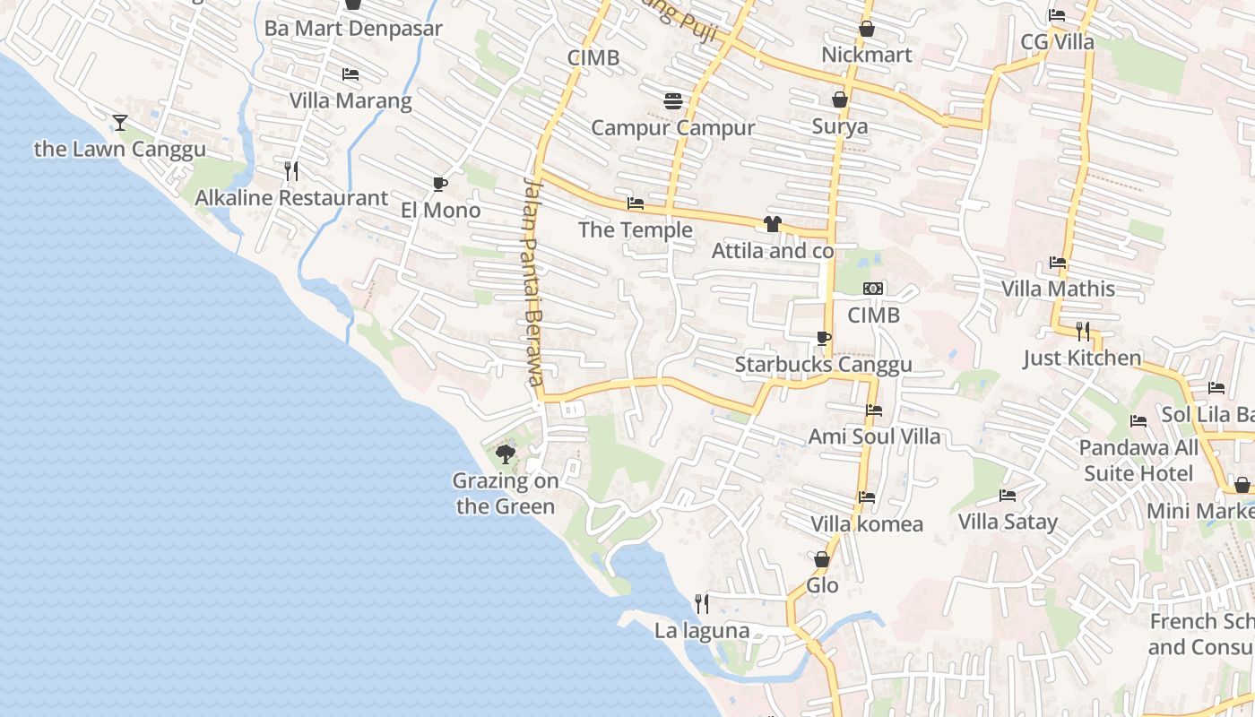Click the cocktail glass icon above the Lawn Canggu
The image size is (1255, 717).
click(x=120, y=123)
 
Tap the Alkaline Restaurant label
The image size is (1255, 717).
click(x=291, y=198)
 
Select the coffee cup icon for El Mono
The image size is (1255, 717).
click(x=439, y=185)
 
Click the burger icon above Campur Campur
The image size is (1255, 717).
click(x=673, y=101)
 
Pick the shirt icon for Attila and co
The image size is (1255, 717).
click(x=773, y=224)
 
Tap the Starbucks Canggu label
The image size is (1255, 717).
click(x=823, y=364)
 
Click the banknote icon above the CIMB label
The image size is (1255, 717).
click(x=873, y=289)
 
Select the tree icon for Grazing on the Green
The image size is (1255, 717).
click(x=506, y=454)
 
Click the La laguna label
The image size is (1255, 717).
click(x=702, y=630)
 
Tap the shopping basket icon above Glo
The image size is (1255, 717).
click(x=822, y=559)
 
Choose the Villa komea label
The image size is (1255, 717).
click(x=866, y=523)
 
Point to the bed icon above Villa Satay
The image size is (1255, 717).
click(x=1008, y=496)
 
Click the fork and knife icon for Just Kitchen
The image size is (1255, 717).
click(x=1083, y=332)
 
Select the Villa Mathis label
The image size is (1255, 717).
click(x=1058, y=289)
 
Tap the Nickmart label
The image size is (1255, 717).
click(x=866, y=55)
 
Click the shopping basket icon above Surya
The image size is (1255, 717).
click(x=840, y=99)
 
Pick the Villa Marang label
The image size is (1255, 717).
click(x=350, y=100)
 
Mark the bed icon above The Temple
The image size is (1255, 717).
click(x=636, y=203)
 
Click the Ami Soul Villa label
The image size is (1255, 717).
click(x=874, y=436)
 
